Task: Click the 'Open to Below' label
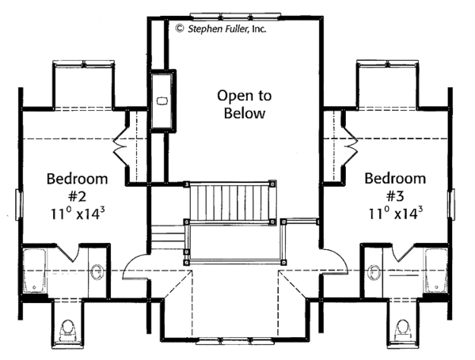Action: pyautogui.click(x=244, y=104)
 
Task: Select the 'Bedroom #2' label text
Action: pyautogui.click(x=70, y=186)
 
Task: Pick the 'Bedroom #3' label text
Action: pyautogui.click(x=395, y=186)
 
